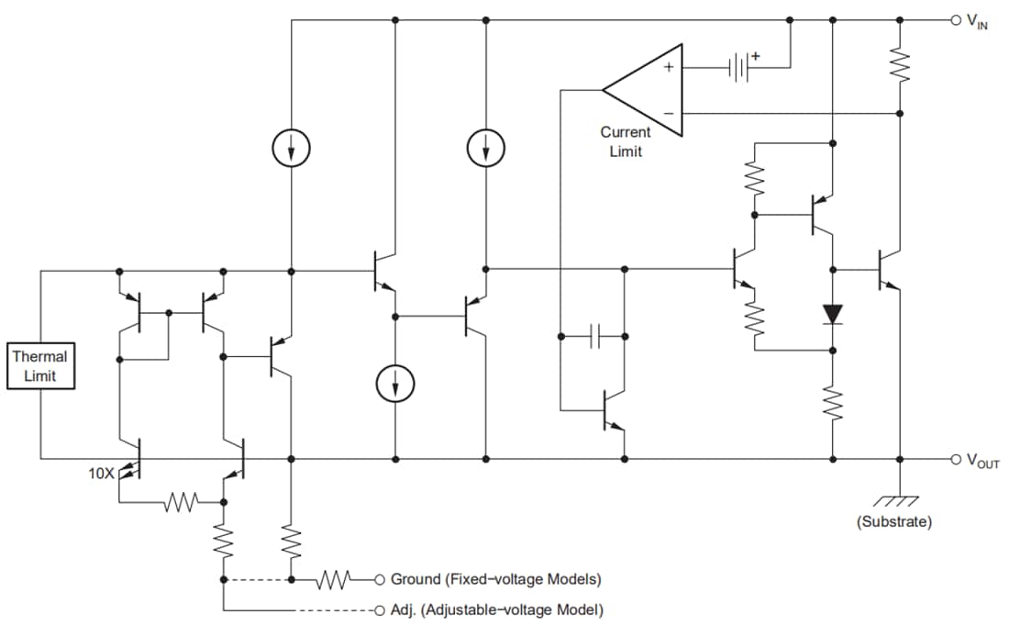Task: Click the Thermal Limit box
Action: point(39,366)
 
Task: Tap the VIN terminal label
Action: point(976,21)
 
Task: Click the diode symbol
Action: point(832,314)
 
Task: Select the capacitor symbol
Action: point(593,337)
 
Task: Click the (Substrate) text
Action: point(893,521)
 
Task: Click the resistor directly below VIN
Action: point(900,65)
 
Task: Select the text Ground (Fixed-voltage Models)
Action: point(495,579)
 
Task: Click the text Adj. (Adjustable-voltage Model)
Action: point(496,609)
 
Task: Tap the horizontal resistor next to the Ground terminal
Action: point(336,579)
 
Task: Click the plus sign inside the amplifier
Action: point(669,67)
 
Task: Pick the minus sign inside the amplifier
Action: point(669,113)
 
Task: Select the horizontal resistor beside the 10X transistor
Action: point(181,502)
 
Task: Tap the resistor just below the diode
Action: point(832,405)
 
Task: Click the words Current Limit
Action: point(626,141)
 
